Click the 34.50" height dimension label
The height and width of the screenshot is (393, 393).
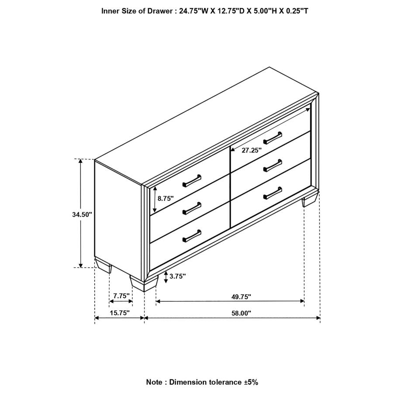(83, 214)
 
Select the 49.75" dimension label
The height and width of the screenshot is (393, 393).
(241, 296)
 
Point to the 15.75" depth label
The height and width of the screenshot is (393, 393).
(119, 313)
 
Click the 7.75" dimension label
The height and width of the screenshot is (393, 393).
(121, 296)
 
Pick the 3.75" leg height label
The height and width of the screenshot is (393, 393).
(178, 276)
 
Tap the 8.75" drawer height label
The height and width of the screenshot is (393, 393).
(165, 198)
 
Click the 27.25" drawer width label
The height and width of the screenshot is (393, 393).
(252, 150)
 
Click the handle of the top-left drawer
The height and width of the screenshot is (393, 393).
(192, 180)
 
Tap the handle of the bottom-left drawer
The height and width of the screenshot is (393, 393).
(192, 236)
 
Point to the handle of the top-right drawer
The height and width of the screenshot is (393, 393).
(273, 137)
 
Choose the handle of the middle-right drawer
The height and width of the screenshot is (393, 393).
(273, 164)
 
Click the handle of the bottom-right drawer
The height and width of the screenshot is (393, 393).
(273, 192)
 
